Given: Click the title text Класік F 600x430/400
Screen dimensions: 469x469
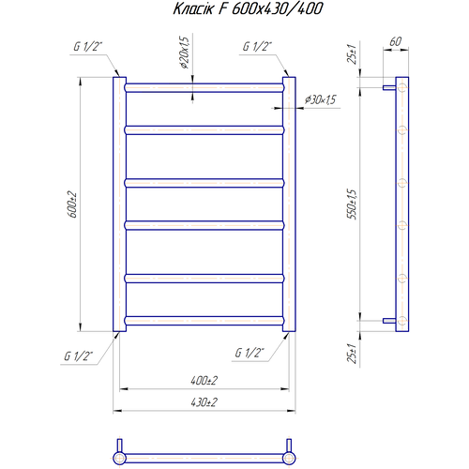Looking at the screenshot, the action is click(x=248, y=8).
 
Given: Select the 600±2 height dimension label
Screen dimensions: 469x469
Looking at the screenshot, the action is click(x=72, y=204).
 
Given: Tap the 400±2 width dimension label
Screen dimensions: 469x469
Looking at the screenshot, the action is click(x=204, y=381).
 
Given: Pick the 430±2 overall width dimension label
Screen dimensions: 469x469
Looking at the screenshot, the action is click(x=204, y=402).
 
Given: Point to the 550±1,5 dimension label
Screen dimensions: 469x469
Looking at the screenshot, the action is click(x=352, y=204).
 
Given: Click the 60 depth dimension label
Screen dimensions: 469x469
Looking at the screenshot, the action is click(x=396, y=41).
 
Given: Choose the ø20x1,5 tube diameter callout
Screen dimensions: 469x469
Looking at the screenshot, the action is click(x=185, y=53).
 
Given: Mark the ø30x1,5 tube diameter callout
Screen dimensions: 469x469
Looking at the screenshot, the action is click(x=321, y=100).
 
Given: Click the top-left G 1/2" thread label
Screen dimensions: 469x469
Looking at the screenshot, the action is click(x=88, y=47).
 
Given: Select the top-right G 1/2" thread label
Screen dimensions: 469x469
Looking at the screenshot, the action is click(x=257, y=47).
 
